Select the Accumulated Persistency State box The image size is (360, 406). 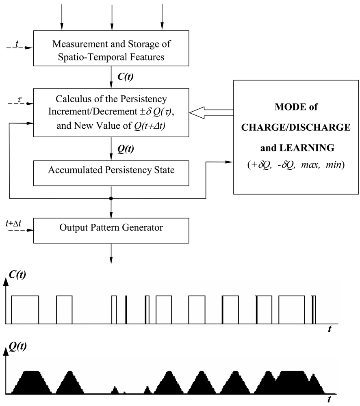click(x=111, y=170)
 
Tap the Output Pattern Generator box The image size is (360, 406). click(x=111, y=228)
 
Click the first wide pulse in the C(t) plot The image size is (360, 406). click(x=25, y=310)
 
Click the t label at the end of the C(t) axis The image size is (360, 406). click(x=330, y=329)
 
